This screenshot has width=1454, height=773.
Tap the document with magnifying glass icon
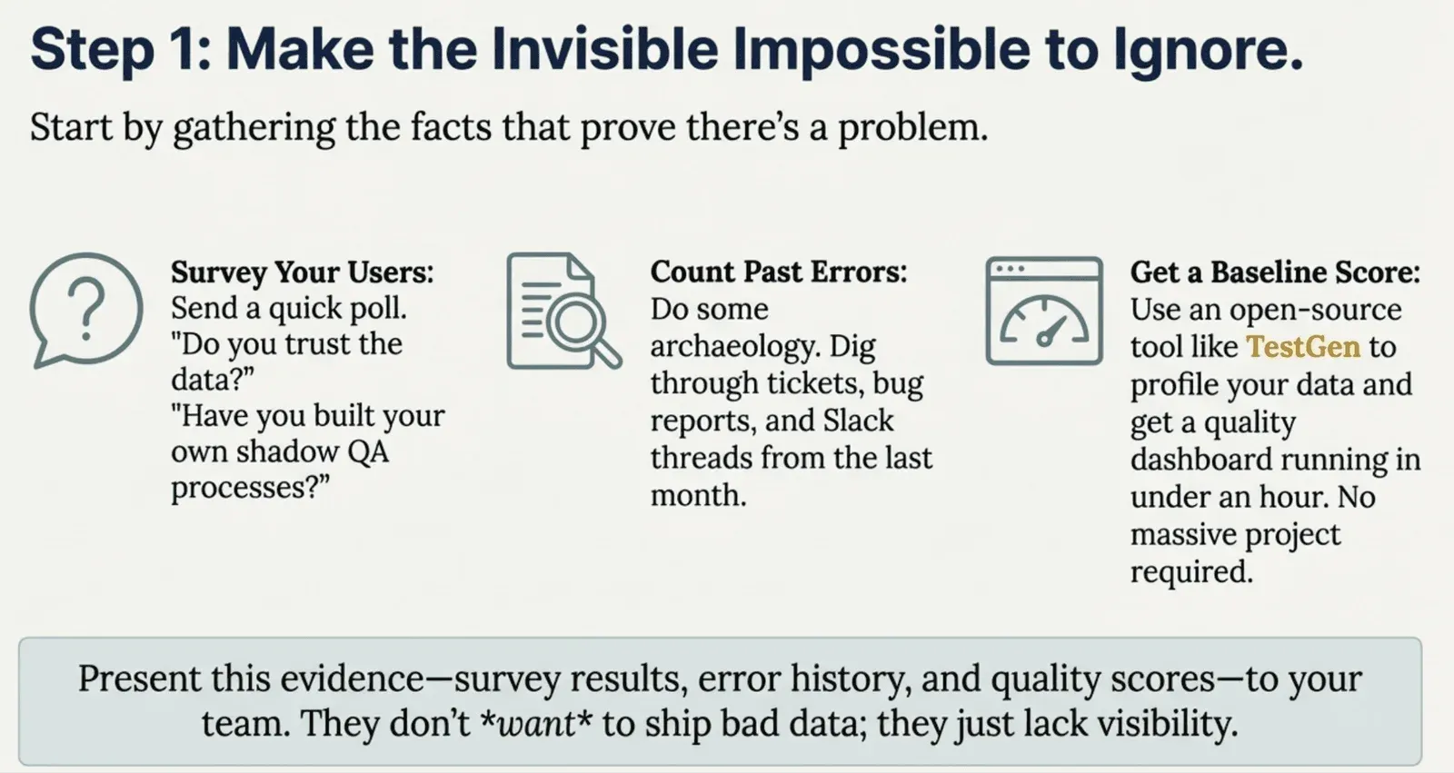[563, 311]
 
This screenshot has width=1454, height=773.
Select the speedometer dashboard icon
[1044, 311]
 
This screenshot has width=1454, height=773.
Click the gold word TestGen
[1303, 347]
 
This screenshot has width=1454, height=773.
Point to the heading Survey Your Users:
[303, 272]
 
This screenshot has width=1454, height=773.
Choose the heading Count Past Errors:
[779, 272]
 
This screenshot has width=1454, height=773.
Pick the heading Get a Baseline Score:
[1276, 272]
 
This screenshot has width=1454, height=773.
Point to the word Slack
[858, 421]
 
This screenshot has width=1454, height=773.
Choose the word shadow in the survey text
[287, 451]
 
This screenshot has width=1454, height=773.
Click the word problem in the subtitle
[912, 128]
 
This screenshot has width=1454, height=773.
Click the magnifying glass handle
[607, 353]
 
